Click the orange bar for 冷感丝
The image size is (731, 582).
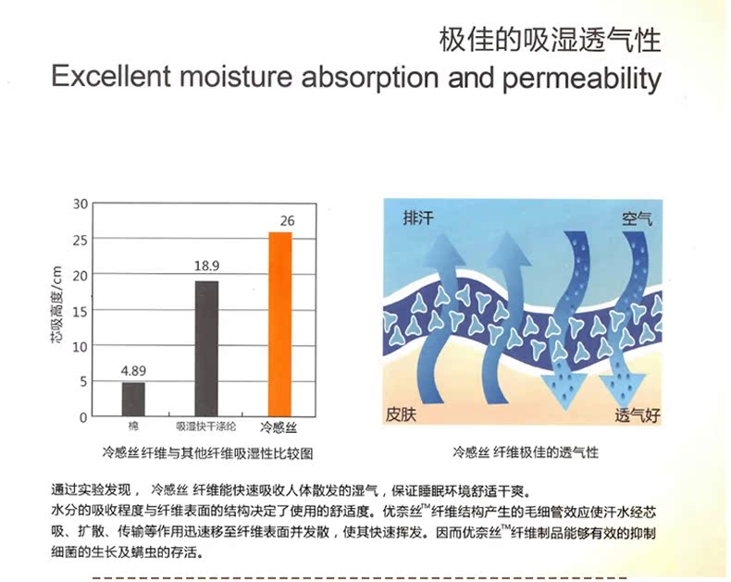tap(279, 324)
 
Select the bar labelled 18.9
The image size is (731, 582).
tap(206, 349)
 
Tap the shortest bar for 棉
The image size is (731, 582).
tap(133, 399)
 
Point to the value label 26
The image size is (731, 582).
tap(287, 220)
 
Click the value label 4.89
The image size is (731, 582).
tap(133, 371)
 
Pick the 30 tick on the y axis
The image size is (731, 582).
tap(81, 204)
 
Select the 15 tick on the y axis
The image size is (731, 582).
tap(81, 311)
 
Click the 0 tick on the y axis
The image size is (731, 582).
tap(83, 417)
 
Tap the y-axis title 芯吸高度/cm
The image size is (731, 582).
tap(56, 305)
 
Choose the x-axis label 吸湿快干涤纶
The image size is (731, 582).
tap(206, 427)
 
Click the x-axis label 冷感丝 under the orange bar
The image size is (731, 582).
tap(279, 427)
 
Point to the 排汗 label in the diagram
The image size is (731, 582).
tap(417, 217)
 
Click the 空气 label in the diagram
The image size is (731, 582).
tap(637, 219)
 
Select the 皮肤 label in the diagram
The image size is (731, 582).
tap(401, 415)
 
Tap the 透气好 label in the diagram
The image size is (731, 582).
tap(638, 415)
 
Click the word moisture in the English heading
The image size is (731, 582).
tap(235, 77)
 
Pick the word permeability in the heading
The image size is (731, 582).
tap(582, 80)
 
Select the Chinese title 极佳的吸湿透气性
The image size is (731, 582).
tap(551, 40)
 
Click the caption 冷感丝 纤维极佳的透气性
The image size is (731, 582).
tap(526, 452)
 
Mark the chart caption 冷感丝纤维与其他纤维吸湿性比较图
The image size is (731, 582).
tap(207, 452)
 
